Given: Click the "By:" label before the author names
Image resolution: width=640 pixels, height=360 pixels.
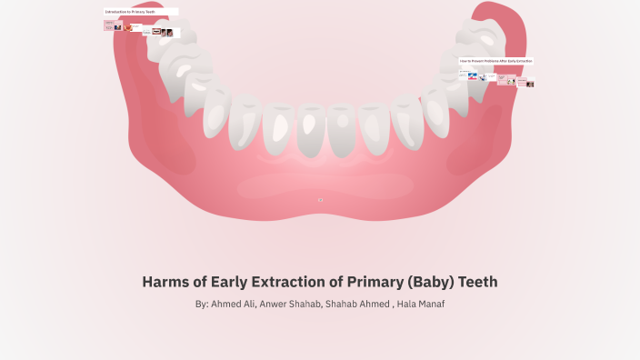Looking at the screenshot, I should (202, 304).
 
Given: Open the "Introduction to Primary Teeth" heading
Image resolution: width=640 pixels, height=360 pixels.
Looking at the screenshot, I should (130, 11).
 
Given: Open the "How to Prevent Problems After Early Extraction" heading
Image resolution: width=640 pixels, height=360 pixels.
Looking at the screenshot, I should (495, 61).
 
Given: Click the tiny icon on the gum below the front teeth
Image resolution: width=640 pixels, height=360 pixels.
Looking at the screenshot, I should (320, 199).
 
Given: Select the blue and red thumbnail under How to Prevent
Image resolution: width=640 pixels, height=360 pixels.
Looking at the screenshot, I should (473, 77).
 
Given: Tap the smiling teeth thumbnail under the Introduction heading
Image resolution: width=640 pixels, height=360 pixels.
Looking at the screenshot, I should (157, 31).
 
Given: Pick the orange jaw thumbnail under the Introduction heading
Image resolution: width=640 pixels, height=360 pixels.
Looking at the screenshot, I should (133, 28).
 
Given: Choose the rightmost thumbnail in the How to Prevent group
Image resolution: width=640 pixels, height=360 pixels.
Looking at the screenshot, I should (529, 84).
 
